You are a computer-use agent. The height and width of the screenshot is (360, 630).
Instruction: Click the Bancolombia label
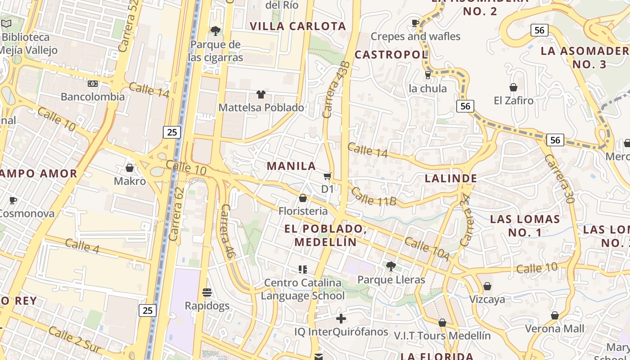coord(93,97)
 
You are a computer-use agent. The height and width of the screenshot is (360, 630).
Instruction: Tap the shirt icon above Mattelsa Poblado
coord(261,94)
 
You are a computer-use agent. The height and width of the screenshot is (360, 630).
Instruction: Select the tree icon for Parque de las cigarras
coord(216,31)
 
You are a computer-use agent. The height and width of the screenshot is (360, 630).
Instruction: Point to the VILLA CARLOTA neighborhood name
coord(298,26)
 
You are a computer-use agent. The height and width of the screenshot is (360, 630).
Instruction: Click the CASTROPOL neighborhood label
coord(391,55)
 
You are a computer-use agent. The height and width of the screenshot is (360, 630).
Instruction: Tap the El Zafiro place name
coord(513,100)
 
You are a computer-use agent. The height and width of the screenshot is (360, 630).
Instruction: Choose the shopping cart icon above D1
coord(328,176)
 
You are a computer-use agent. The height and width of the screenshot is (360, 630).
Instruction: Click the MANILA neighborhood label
coord(292,166)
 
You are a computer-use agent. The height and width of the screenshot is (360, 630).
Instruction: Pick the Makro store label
coord(130,181)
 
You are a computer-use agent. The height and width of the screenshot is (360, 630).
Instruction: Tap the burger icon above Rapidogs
coord(207,292)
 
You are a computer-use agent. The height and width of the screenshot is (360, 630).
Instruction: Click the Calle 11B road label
coord(373,197)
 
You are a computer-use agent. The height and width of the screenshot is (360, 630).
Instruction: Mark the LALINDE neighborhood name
coord(451,179)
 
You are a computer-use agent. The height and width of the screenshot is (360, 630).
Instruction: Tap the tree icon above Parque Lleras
coord(391,266)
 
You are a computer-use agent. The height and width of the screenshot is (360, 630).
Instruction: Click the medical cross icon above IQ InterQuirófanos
coord(341,319)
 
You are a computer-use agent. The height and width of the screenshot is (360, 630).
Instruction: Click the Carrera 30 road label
coord(559,179)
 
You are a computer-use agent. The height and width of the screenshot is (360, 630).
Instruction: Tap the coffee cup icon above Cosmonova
coord(13,200)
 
